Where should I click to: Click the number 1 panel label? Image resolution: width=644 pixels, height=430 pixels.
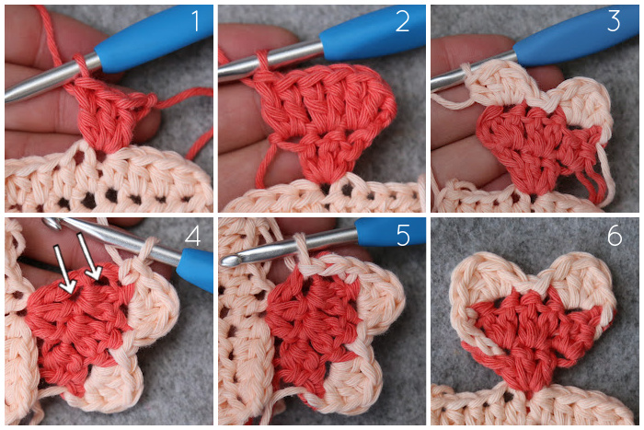(195, 21)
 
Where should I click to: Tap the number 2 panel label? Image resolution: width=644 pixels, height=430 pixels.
(403, 21)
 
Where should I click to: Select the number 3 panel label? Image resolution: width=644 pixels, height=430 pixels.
(614, 21)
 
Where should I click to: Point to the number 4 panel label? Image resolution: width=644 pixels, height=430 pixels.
(192, 236)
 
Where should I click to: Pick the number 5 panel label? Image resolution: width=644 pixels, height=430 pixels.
(403, 236)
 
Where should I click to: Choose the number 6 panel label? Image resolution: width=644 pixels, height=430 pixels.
(615, 236)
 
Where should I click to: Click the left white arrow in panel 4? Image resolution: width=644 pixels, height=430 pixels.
(65, 269)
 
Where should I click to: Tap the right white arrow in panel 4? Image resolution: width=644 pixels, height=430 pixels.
(89, 257)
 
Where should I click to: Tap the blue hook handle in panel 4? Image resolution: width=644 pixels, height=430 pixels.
(195, 268)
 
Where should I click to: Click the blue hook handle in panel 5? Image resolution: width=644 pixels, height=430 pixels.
(390, 232)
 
